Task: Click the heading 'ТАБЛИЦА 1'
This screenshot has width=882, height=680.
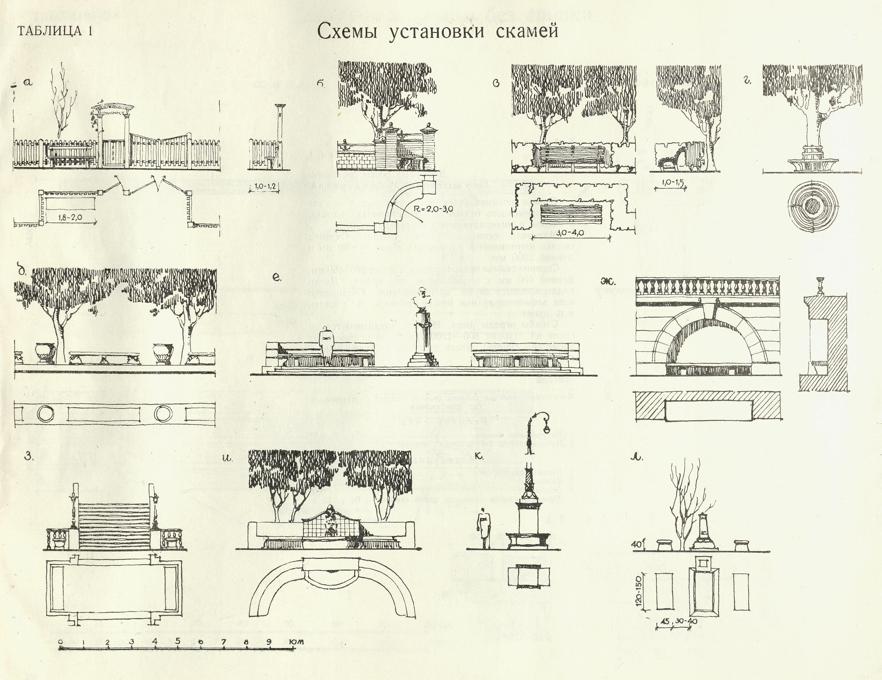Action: [55, 31]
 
